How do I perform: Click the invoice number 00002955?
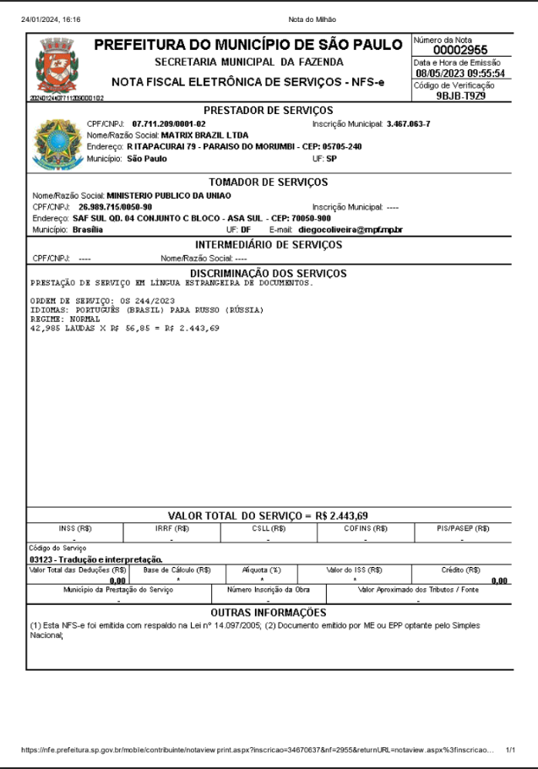point(460,50)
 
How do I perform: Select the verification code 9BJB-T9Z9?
point(460,95)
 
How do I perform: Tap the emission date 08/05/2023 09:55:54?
point(460,73)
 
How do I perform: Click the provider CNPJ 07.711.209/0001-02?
point(169,123)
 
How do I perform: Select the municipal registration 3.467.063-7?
point(408,123)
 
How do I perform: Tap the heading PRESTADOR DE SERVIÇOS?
point(269,111)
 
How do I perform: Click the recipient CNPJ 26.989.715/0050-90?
point(116,206)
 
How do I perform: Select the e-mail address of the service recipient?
point(351,229)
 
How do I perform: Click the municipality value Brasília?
point(88,229)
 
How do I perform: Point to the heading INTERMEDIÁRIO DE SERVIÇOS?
point(269,244)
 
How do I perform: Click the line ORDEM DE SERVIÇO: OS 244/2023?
point(102,301)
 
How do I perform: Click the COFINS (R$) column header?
point(366,528)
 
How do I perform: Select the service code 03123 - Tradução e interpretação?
point(95,559)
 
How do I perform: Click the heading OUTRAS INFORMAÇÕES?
point(268,612)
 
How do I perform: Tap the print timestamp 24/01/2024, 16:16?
point(51,19)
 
